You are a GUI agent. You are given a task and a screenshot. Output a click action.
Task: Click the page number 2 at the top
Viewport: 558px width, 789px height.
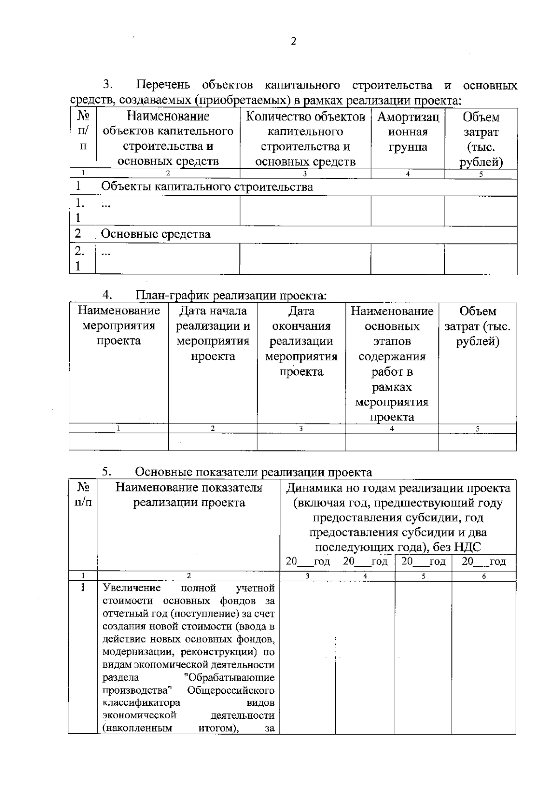(293, 41)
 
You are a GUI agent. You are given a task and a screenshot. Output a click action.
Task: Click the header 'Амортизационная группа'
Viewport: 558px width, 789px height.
(408, 132)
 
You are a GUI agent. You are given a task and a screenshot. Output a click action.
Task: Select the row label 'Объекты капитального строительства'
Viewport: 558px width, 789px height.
(207, 187)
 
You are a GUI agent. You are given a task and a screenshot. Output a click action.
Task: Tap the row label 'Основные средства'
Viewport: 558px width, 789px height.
(156, 234)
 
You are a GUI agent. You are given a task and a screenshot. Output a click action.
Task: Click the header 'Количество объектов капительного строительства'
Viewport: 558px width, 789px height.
(306, 139)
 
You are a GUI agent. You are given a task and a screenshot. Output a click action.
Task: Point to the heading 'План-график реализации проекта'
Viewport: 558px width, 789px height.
(231, 296)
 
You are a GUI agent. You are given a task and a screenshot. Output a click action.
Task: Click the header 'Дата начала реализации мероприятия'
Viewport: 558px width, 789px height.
(213, 333)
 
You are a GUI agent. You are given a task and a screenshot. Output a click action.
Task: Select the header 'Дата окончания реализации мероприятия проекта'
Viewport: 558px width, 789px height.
(301, 341)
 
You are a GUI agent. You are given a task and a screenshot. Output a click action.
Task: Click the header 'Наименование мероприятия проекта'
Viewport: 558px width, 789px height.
(119, 325)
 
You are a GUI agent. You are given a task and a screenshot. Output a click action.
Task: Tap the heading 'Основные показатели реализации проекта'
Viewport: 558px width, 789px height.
(253, 472)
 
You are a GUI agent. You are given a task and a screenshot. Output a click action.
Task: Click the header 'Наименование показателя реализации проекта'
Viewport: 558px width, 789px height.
(189, 495)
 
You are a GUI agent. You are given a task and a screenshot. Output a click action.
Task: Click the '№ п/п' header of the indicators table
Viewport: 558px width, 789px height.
(83, 495)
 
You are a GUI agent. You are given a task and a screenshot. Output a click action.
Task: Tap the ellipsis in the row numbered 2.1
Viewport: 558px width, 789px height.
(106, 254)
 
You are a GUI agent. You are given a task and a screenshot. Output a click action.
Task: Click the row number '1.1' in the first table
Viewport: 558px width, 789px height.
(80, 210)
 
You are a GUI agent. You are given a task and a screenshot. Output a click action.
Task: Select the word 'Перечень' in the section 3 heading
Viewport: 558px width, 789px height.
(163, 86)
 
